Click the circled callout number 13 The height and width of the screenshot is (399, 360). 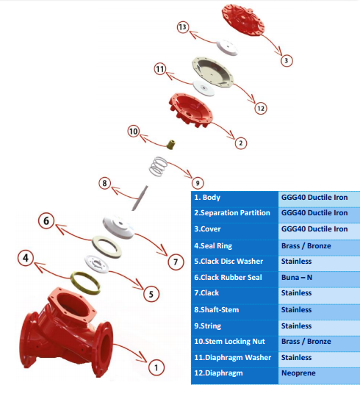[183, 27]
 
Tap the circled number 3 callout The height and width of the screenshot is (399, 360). [287, 60]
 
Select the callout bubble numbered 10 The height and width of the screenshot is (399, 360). [134, 132]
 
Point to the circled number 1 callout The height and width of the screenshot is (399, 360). [156, 367]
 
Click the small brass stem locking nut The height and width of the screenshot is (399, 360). [170, 144]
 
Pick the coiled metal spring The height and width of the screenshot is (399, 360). [158, 167]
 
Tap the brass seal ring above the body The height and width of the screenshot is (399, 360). [85, 283]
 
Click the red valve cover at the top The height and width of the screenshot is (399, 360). [243, 20]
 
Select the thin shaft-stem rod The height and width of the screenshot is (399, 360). [140, 198]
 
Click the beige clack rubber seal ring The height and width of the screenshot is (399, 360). [107, 247]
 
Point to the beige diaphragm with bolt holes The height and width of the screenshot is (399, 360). [212, 72]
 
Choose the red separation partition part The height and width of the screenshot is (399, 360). [190, 110]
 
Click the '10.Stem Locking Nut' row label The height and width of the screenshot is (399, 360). [229, 342]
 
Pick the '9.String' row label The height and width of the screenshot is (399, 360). [208, 326]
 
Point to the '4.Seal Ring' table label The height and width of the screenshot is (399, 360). [213, 246]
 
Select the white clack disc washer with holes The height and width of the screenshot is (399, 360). [97, 264]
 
